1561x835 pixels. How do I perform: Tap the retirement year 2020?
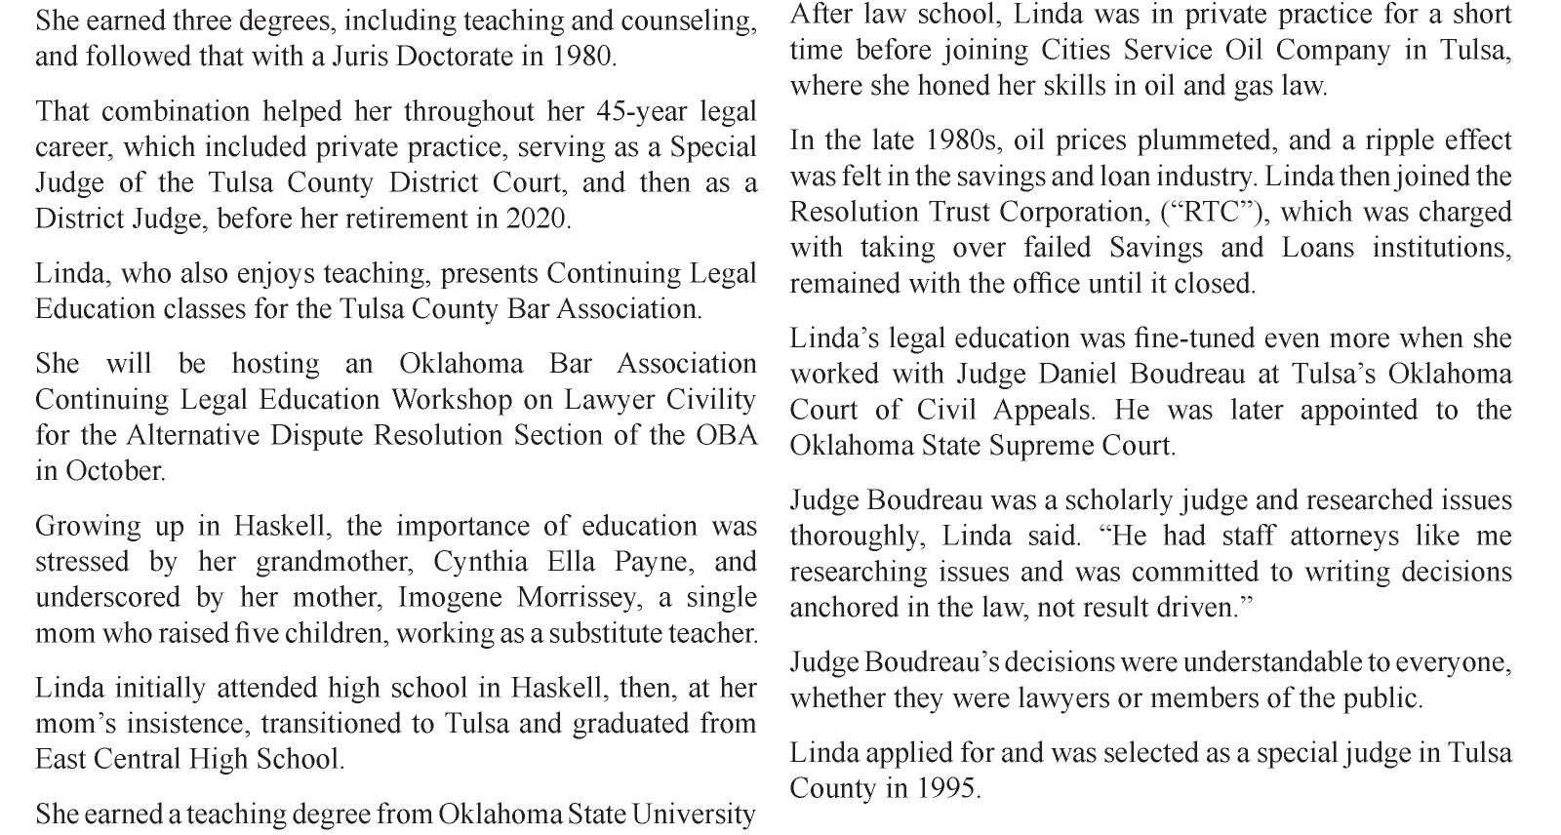pyautogui.click(x=537, y=219)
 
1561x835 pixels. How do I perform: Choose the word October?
pyautogui.click(x=114, y=471)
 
